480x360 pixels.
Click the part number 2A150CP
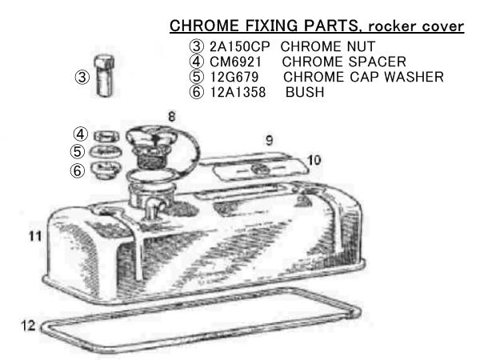tap(240, 46)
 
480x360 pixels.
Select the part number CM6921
tap(236, 62)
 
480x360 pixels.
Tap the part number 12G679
tap(234, 77)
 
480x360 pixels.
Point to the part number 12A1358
tap(238, 92)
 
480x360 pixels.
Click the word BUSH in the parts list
tap(305, 92)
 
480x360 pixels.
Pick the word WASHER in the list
tap(414, 77)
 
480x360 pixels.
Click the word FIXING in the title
tap(271, 26)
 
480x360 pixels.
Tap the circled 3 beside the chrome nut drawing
tap(82, 77)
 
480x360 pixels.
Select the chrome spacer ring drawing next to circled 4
tap(106, 136)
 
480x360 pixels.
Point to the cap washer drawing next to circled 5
tap(106, 152)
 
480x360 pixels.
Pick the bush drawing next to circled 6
tap(106, 170)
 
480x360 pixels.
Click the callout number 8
tap(172, 117)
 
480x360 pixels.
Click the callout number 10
tap(314, 160)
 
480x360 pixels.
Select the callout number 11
tap(35, 236)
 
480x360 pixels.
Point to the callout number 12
tap(28, 326)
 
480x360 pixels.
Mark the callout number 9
tap(269, 141)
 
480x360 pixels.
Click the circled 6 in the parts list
tap(196, 92)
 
